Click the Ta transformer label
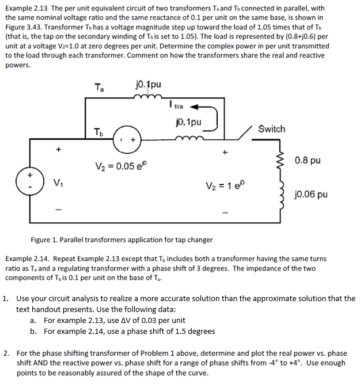(x=99, y=88)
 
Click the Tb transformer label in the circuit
(x=99, y=132)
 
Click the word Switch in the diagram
(x=271, y=129)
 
